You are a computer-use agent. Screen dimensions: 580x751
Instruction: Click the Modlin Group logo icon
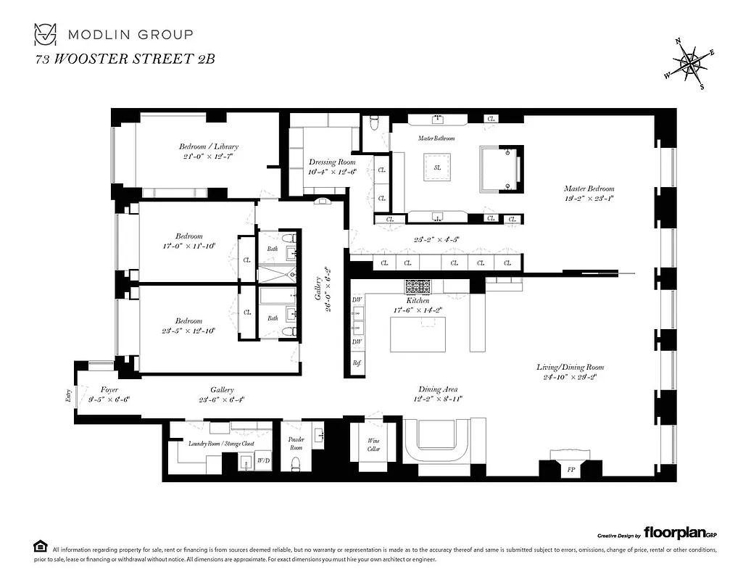coord(46,34)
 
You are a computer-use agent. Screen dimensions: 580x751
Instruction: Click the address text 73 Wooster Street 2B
coord(125,59)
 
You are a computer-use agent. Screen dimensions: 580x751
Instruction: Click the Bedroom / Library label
coord(209,146)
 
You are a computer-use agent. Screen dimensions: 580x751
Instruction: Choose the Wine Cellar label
coord(373,444)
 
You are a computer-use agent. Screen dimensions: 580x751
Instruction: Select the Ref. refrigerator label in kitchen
coord(357,362)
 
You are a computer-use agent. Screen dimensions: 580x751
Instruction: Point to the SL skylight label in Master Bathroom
coord(437,167)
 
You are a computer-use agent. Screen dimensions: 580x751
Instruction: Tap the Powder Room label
coord(296,443)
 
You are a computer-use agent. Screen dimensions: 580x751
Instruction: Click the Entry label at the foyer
coord(68,395)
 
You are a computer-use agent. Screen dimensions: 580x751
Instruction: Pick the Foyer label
coord(109,389)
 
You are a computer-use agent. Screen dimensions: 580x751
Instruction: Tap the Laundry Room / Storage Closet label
coord(221,443)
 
